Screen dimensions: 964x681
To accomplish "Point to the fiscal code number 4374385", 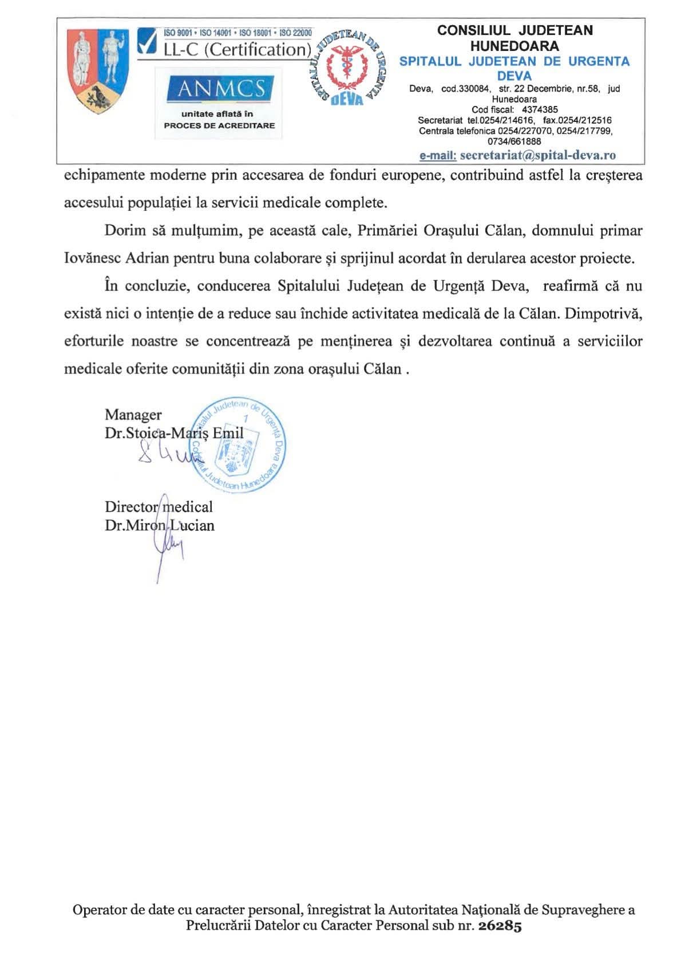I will click(x=540, y=109).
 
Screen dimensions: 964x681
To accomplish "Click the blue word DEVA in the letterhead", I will click(x=514, y=76).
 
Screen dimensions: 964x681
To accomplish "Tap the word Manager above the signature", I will click(x=133, y=415).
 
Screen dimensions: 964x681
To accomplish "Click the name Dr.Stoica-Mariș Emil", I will click(x=174, y=433).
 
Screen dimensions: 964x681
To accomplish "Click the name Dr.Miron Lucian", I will click(x=160, y=525).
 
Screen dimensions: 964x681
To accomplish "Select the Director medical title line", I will click(x=159, y=507).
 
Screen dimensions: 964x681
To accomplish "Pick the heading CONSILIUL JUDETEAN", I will click(x=514, y=31).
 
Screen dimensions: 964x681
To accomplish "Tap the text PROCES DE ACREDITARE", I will click(x=219, y=125).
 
